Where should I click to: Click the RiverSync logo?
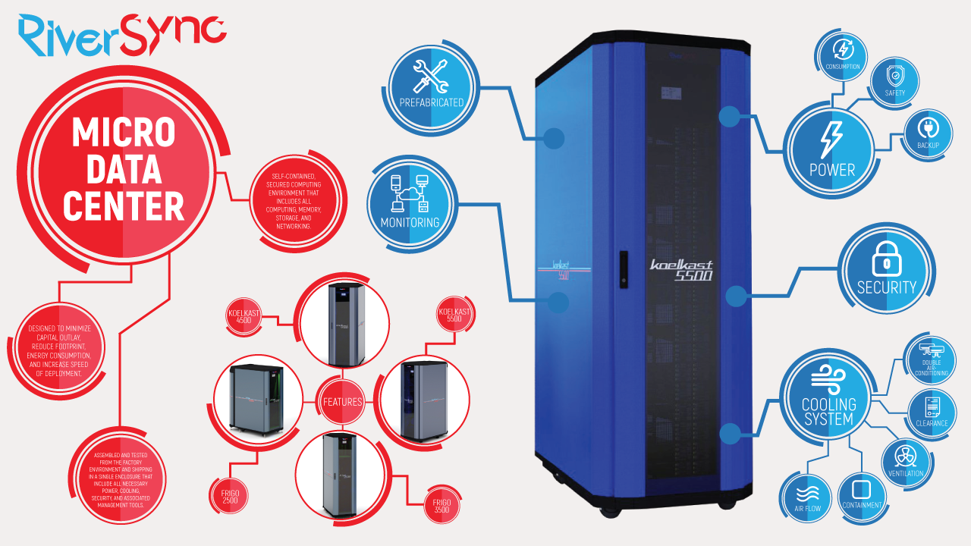click(122, 33)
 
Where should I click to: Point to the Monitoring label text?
click(410, 223)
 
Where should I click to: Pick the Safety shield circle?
click(894, 80)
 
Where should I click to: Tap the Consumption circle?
click(843, 54)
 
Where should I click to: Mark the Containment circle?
click(862, 494)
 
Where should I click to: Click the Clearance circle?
click(932, 411)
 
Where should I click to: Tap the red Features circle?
click(341, 401)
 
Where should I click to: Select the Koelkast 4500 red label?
click(244, 316)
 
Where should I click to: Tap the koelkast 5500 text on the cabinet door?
click(680, 270)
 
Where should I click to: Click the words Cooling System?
click(828, 411)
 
